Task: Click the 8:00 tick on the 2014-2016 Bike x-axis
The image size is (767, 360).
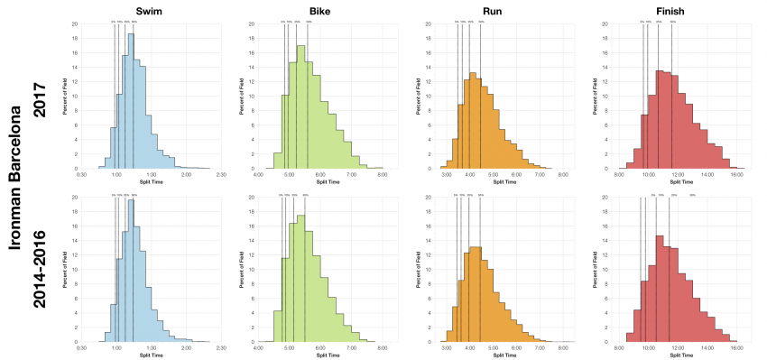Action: coord(383,348)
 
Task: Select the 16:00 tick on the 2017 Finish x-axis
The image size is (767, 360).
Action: coord(736,174)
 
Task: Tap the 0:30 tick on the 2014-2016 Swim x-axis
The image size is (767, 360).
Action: coord(82,348)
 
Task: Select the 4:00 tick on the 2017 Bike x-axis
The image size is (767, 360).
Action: coord(259,174)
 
